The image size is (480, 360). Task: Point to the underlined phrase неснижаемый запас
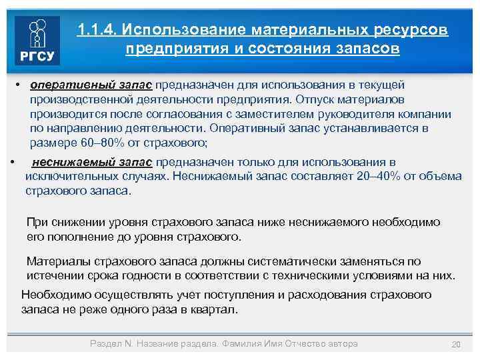pos(92,162)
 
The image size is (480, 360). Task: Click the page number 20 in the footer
pos(456,344)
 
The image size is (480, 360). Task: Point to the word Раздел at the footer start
pos(104,343)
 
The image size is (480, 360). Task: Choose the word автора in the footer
pos(340,343)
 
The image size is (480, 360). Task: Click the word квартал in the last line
pos(215,310)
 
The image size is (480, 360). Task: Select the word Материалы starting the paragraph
pos(54,261)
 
